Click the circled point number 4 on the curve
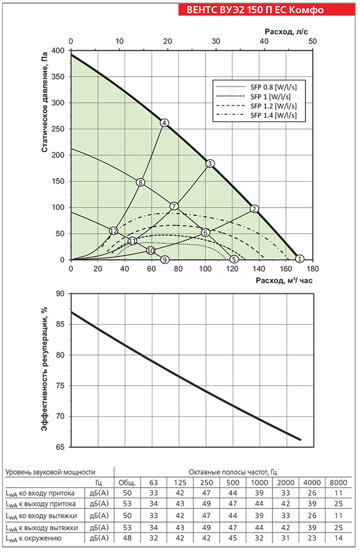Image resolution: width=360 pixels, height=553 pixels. (x=164, y=122)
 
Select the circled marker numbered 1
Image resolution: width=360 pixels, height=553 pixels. (x=300, y=259)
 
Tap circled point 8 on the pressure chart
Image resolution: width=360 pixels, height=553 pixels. (x=141, y=182)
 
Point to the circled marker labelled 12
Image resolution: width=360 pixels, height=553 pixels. (x=114, y=230)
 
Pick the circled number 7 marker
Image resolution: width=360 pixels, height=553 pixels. (x=174, y=206)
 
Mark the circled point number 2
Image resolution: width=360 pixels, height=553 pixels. (x=254, y=209)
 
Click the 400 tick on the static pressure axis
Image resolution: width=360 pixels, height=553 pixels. (x=58, y=51)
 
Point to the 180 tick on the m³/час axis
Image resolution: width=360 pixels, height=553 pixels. (x=312, y=269)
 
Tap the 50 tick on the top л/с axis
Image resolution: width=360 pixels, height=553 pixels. (x=312, y=42)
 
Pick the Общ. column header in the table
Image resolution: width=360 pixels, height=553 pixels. (x=127, y=482)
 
